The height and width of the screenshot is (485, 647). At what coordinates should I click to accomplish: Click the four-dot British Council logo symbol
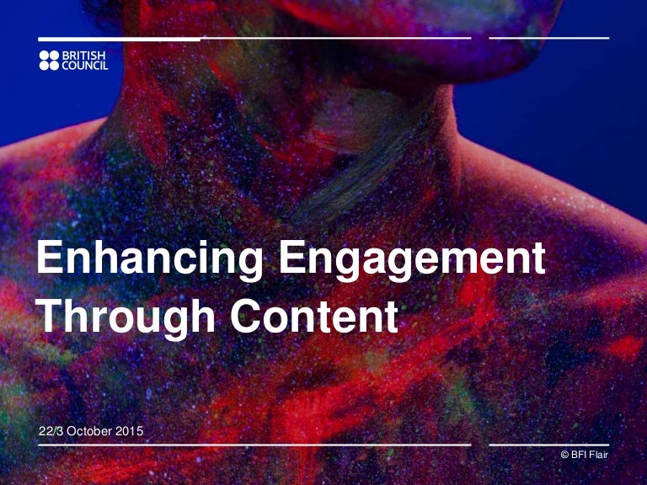click(50, 61)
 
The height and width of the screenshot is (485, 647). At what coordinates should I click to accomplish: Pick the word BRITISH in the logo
click(84, 56)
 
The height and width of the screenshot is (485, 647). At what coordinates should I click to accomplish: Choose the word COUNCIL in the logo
click(85, 66)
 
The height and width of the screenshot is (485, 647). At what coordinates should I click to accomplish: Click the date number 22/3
click(52, 432)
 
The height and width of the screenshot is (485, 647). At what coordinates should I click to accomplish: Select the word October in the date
click(93, 432)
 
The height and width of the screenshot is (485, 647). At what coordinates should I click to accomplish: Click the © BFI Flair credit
click(584, 456)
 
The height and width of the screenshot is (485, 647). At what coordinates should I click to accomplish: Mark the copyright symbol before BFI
click(564, 456)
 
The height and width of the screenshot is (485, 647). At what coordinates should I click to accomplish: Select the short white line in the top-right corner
click(548, 39)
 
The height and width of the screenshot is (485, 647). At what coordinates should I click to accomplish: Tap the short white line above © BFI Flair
click(548, 445)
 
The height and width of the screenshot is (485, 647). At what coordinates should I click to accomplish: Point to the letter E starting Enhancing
click(49, 258)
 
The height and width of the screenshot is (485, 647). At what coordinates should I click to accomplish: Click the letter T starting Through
click(51, 317)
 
